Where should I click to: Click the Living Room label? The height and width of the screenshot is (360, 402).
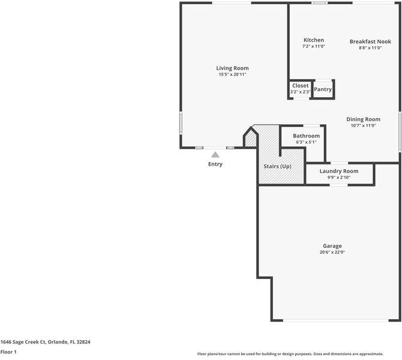pyautogui.click(x=232, y=68)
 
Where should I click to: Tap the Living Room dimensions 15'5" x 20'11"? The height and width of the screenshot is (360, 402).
pyautogui.click(x=232, y=74)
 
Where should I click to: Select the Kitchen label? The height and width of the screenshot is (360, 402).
pyautogui.click(x=313, y=40)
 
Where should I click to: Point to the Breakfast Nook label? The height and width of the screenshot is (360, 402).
pyautogui.click(x=370, y=41)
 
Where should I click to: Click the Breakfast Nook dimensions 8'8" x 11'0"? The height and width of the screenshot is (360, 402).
pyautogui.click(x=370, y=47)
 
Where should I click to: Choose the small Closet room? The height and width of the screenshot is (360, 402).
pyautogui.click(x=300, y=89)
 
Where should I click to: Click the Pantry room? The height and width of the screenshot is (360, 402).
pyautogui.click(x=323, y=89)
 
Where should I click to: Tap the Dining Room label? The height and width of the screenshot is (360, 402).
pyautogui.click(x=363, y=119)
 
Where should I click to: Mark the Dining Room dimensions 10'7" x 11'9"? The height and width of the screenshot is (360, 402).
pyautogui.click(x=363, y=126)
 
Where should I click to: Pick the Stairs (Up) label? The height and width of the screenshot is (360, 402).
pyautogui.click(x=277, y=166)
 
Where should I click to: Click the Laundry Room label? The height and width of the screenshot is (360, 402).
pyautogui.click(x=338, y=172)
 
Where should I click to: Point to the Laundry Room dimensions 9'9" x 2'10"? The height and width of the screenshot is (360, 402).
pyautogui.click(x=338, y=178)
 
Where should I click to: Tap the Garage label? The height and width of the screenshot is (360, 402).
pyautogui.click(x=332, y=246)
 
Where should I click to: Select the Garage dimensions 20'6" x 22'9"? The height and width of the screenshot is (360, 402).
pyautogui.click(x=332, y=253)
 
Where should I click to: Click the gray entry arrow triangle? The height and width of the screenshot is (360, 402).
pyautogui.click(x=215, y=155)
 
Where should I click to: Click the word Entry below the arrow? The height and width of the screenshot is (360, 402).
pyautogui.click(x=215, y=164)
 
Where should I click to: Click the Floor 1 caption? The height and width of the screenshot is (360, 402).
pyautogui.click(x=8, y=352)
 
